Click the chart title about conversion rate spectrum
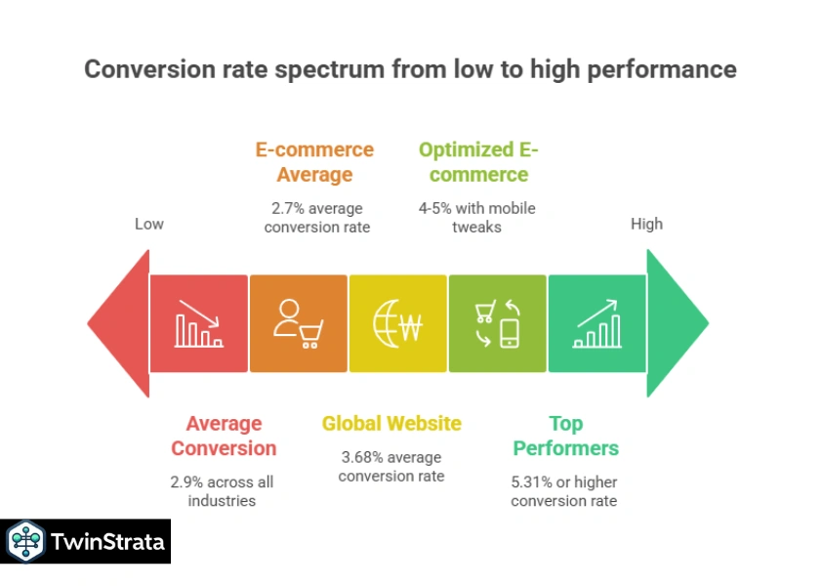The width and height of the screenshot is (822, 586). [410, 69]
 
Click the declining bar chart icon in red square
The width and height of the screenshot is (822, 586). [199, 323]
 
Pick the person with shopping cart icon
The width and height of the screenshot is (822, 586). [298, 323]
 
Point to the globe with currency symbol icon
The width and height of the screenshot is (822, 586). [397, 323]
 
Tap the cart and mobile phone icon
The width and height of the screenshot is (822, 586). [497, 323]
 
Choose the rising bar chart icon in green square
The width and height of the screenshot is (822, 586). [596, 323]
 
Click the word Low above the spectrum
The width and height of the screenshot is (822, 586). [148, 224]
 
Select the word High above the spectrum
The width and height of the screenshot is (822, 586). [646, 224]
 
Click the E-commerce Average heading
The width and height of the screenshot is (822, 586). [314, 162]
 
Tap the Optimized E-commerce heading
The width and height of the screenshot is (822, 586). [478, 162]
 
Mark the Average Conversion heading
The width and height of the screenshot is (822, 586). [224, 436]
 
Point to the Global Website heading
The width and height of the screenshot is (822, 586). [391, 424]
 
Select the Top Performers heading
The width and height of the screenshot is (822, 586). [565, 436]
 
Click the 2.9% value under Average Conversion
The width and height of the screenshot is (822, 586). [186, 481]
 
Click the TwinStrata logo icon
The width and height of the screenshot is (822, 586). [25, 541]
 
